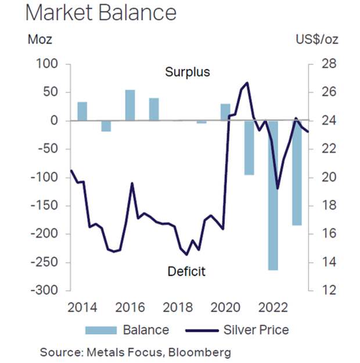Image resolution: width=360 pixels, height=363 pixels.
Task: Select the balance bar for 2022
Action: coord(273,195)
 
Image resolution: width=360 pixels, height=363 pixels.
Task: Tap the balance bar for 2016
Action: coord(130,105)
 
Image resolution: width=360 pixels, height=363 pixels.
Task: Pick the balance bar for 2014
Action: coord(82,111)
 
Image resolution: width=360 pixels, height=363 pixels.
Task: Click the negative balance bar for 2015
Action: coord(106,126)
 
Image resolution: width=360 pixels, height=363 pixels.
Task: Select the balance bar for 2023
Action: coord(297,172)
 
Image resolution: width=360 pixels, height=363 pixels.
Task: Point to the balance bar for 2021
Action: coord(249,147)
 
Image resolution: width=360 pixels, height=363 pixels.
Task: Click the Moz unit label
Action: coord(40,39)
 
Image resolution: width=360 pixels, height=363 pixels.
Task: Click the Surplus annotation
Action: coord(187,72)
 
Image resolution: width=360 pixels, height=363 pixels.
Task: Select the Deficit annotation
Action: coord(186,271)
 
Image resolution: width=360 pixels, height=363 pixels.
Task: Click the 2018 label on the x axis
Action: coord(178,307)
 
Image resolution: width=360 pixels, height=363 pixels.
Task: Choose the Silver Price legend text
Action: coord(255,330)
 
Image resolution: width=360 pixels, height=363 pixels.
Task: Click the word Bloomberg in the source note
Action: coord(200,352)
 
